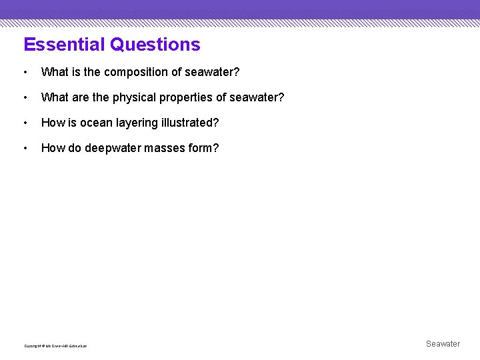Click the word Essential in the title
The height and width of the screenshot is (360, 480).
(x=65, y=45)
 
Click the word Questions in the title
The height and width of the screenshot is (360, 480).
(x=155, y=45)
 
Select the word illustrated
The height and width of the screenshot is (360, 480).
(x=192, y=123)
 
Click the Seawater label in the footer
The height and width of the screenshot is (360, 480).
(x=443, y=344)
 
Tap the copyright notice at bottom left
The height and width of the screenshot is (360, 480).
(x=55, y=345)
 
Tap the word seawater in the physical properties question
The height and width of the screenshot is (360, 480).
(x=256, y=98)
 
